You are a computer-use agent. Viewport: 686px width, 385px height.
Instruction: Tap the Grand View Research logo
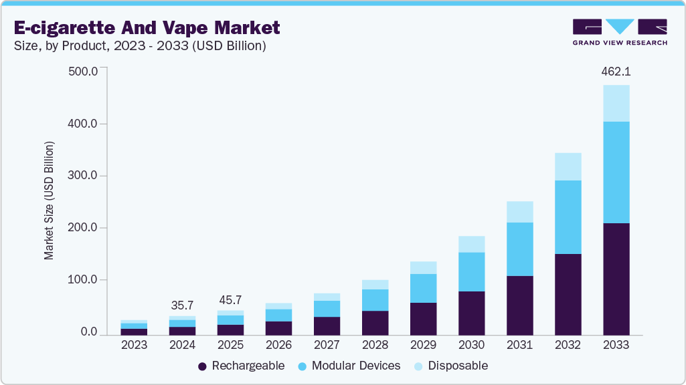[x=620, y=31]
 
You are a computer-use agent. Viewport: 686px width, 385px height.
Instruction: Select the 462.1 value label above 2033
[x=616, y=71]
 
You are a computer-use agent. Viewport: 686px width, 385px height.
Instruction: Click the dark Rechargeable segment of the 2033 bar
[x=616, y=279]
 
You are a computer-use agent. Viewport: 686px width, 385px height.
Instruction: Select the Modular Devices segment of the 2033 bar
[x=616, y=172]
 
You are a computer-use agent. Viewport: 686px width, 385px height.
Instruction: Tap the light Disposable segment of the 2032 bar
[x=568, y=166]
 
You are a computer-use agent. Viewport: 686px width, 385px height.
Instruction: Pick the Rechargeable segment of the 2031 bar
[x=519, y=305]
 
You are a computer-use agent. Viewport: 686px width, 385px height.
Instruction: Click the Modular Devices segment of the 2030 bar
[x=471, y=271]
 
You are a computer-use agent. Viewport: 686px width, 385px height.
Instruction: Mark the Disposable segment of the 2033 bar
[x=616, y=103]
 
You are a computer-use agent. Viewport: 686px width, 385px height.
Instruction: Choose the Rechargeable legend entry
[x=242, y=366]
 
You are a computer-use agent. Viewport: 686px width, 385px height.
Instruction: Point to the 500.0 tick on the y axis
[x=84, y=72]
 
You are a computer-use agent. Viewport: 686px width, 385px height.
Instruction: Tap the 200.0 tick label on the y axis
[x=84, y=228]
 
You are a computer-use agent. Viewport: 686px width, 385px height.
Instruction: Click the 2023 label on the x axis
[x=134, y=345]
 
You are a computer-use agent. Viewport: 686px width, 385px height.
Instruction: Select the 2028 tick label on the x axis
[x=375, y=345]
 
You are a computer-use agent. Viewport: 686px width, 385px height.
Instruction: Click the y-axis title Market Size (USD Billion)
[x=49, y=201]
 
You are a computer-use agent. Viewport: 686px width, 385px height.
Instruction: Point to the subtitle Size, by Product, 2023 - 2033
[x=141, y=46]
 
